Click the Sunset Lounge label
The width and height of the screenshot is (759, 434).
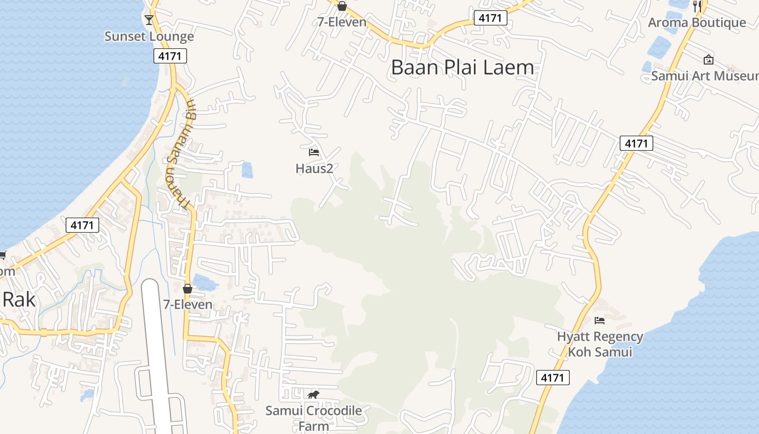click(x=149, y=36)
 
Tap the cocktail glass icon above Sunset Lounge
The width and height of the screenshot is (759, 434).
click(x=149, y=20)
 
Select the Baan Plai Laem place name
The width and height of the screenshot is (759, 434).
click(x=462, y=67)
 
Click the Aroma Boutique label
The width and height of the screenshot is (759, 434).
click(x=697, y=22)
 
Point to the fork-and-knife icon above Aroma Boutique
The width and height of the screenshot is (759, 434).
click(x=697, y=7)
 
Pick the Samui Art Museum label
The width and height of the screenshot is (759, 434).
click(x=704, y=75)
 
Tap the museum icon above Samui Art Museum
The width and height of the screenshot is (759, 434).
click(x=708, y=60)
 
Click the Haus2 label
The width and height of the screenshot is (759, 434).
click(x=314, y=168)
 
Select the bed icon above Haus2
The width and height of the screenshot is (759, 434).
click(x=314, y=152)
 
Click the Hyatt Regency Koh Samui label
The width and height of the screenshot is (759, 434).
click(x=600, y=344)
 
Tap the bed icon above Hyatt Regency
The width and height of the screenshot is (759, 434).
click(x=600, y=321)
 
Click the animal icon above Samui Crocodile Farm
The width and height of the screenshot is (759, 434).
click(x=313, y=394)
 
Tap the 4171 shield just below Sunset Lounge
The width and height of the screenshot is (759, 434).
click(x=170, y=56)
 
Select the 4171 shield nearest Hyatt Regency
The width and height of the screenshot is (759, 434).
click(x=553, y=378)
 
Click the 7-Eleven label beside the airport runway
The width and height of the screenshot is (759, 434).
click(x=188, y=304)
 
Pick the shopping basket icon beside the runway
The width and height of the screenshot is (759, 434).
click(x=188, y=289)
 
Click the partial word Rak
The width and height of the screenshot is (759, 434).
click(x=20, y=299)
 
